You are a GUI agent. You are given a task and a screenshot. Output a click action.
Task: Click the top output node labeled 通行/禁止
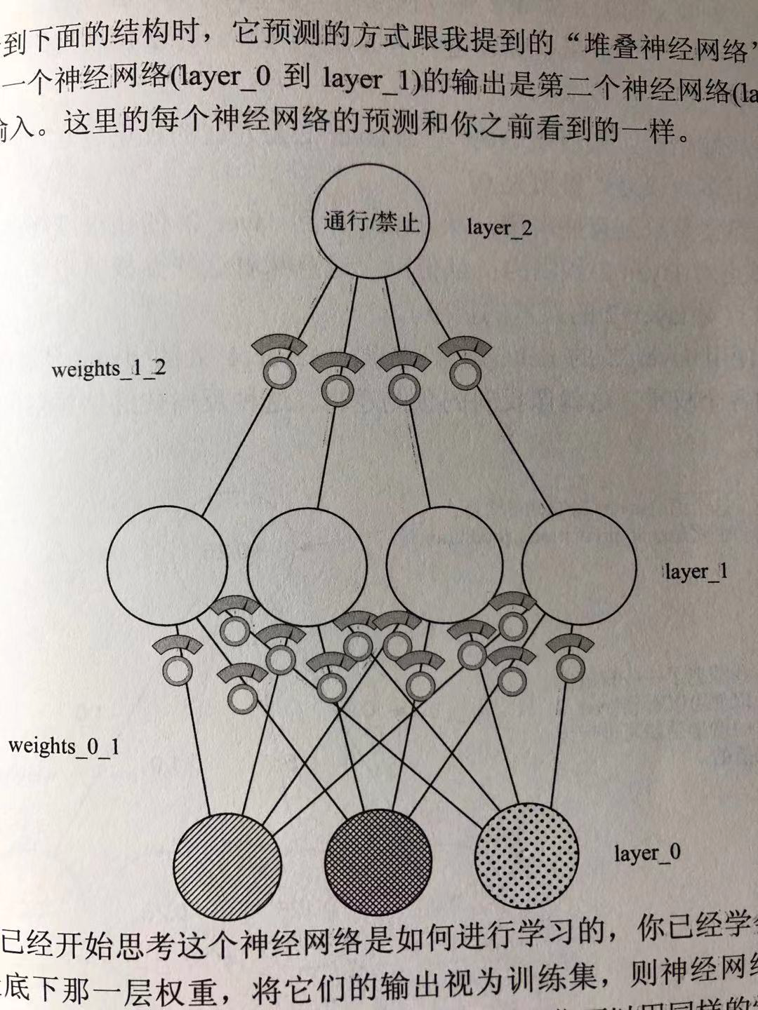pyautogui.click(x=371, y=223)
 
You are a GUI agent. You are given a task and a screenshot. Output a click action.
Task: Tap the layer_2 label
pyautogui.click(x=500, y=227)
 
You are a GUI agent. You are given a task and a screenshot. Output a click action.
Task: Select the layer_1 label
pyautogui.click(x=696, y=572)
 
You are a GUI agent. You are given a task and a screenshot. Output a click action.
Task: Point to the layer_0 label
pyautogui.click(x=647, y=853)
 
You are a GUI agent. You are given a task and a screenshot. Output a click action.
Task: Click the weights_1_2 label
pyautogui.click(x=109, y=368)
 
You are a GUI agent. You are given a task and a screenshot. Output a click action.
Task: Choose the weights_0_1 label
pyautogui.click(x=64, y=746)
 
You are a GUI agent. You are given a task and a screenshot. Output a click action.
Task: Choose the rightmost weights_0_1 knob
pyautogui.click(x=570, y=668)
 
